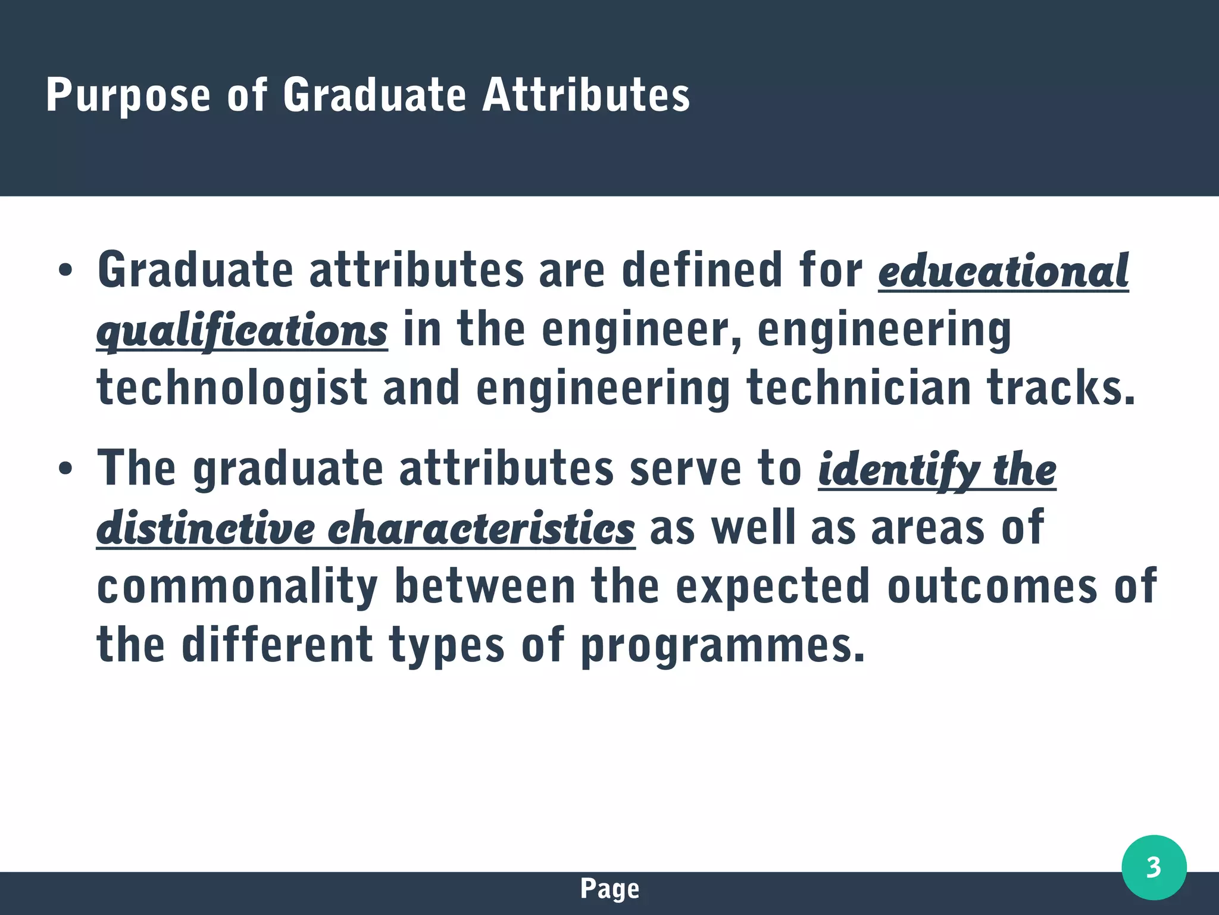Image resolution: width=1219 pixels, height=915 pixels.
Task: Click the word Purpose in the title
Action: [128, 95]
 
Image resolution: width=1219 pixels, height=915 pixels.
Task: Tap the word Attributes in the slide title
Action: [586, 95]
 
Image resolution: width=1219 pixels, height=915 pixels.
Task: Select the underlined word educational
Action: [1003, 271]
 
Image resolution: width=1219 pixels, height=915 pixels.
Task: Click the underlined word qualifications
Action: [242, 331]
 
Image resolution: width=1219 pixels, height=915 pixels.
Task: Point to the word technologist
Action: [232, 388]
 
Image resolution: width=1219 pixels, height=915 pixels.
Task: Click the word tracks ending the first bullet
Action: [1061, 388]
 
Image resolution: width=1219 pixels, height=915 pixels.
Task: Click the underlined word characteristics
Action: [481, 529]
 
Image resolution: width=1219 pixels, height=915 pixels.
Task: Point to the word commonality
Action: [237, 587]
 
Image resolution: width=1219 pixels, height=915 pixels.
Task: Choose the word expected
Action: [773, 587]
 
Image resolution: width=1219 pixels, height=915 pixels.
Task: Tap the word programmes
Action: [722, 647]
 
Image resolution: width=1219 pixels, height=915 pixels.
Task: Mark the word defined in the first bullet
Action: [702, 271]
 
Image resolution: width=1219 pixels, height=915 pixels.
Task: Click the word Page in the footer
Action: [609, 889]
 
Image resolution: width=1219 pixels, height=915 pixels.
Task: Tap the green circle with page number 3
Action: [1154, 867]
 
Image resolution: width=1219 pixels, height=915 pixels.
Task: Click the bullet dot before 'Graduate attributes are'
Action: [65, 271]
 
